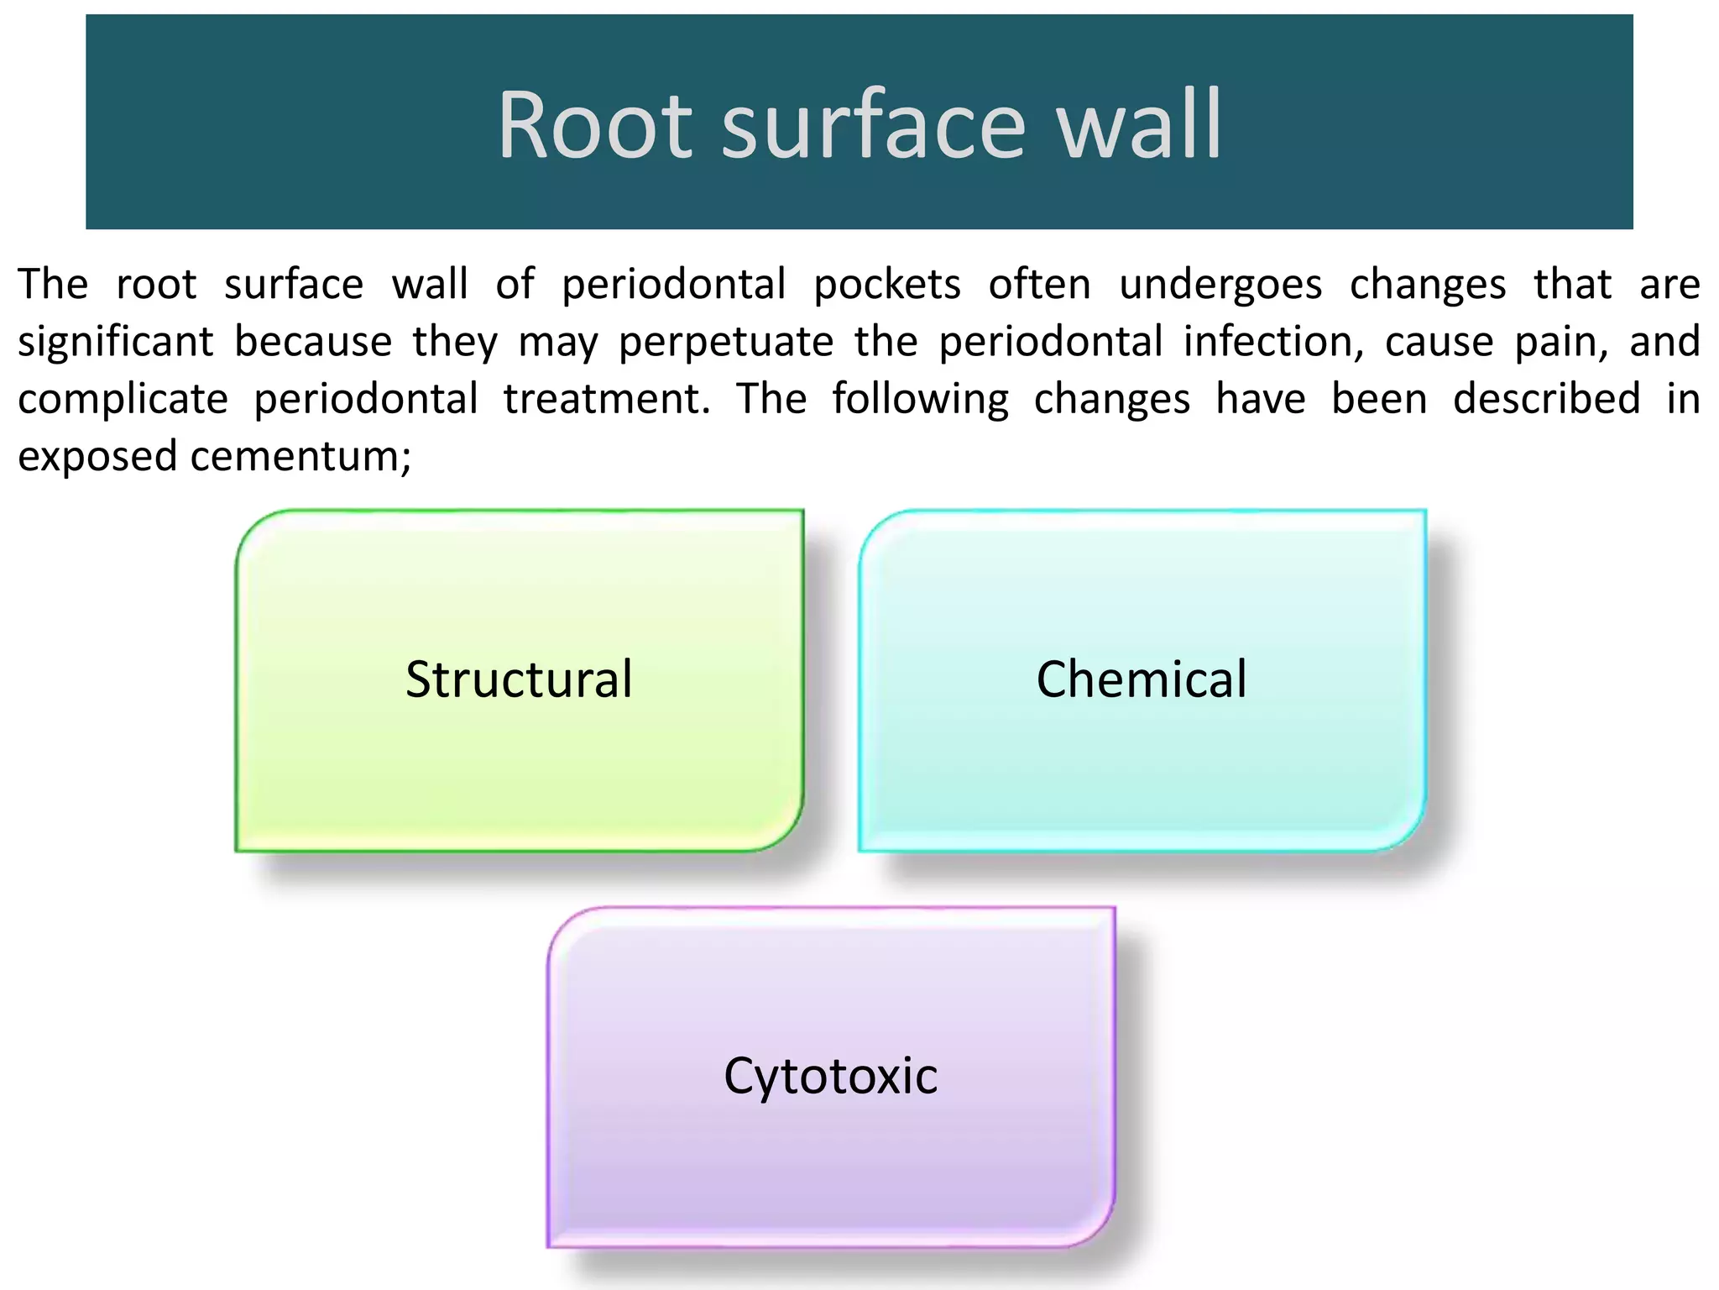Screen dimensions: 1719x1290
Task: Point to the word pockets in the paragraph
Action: click(x=887, y=284)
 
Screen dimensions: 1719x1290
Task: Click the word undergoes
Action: click(x=1221, y=284)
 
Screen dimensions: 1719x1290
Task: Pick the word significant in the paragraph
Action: click(x=116, y=342)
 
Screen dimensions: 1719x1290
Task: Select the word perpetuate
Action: click(x=727, y=342)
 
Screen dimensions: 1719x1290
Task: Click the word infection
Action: click(x=1274, y=342)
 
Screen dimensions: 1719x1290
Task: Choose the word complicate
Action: click(x=123, y=399)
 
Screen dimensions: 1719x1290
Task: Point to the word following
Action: click(x=920, y=399)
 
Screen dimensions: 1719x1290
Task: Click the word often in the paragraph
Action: click(x=1039, y=284)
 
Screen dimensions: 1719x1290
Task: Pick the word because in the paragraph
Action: click(x=313, y=342)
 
